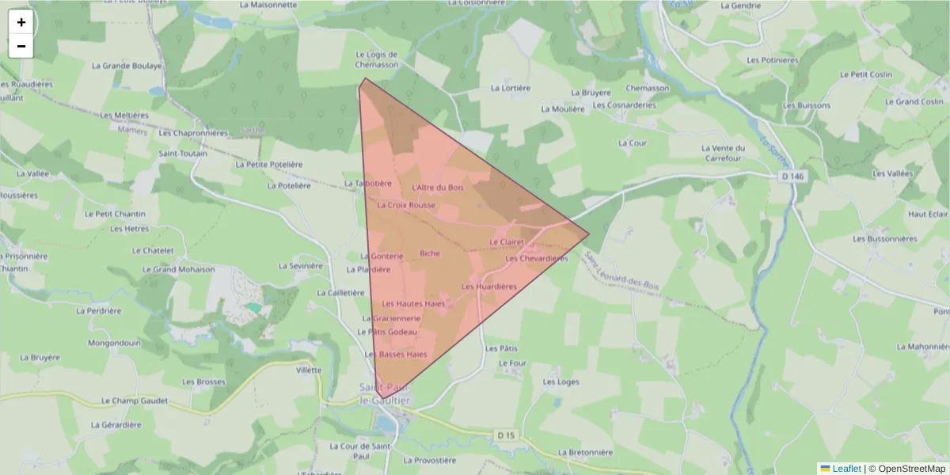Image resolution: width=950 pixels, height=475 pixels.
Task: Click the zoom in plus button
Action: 21,22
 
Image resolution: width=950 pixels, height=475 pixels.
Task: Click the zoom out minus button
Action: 21,46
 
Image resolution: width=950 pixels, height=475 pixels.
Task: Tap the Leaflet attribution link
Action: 845,469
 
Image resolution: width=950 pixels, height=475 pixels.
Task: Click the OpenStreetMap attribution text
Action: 912,469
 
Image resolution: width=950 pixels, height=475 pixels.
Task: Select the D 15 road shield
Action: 507,435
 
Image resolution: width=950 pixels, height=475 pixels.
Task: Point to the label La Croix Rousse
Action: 406,205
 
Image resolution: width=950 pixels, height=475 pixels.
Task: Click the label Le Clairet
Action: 507,241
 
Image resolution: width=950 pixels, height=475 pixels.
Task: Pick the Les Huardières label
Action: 489,286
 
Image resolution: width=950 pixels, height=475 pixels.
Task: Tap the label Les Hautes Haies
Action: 414,303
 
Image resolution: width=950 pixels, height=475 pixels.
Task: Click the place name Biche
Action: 430,253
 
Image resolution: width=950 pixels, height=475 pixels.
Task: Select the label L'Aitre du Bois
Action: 438,187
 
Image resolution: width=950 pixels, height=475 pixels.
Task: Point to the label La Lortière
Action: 511,88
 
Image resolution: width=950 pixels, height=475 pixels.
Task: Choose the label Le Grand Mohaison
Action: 178,269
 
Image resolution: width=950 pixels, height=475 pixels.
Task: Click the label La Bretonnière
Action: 586,453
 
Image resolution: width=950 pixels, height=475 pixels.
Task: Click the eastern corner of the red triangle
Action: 589,234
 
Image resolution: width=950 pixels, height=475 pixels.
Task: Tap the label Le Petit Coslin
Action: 866,74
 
